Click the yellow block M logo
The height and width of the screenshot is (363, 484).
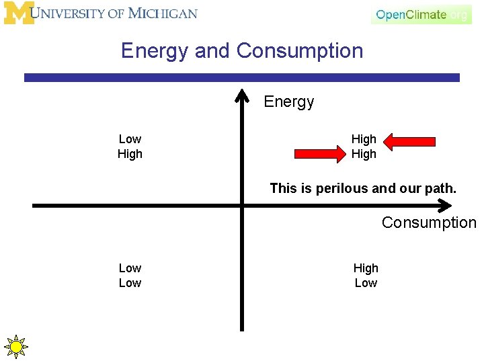pyautogui.click(x=19, y=13)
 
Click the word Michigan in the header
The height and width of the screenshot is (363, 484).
pyautogui.click(x=163, y=13)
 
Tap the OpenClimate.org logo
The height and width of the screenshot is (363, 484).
pyautogui.click(x=421, y=15)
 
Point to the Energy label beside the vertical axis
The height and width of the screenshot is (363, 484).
pyautogui.click(x=289, y=102)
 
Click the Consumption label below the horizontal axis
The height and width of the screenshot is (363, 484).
pyautogui.click(x=429, y=223)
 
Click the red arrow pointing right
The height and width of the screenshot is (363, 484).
pyautogui.click(x=320, y=155)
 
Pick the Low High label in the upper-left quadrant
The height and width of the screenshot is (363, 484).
pyautogui.click(x=130, y=147)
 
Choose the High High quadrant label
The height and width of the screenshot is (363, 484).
pyautogui.click(x=364, y=147)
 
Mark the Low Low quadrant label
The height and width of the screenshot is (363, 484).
pyautogui.click(x=130, y=276)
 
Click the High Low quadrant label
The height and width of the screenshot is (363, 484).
pyautogui.click(x=366, y=276)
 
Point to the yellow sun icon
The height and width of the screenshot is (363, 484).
pyautogui.click(x=15, y=347)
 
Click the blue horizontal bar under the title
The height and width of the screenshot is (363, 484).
pyautogui.click(x=242, y=77)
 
